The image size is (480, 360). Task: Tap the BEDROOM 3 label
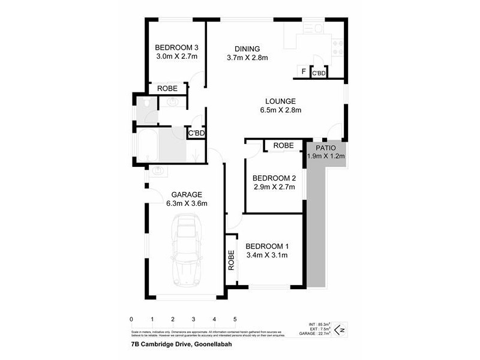[x=176, y=48]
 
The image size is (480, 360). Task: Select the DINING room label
[x=247, y=49]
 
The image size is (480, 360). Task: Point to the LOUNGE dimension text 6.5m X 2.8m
[x=281, y=110]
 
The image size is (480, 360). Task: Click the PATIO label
[x=326, y=147]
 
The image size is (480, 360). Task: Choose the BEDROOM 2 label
[x=274, y=178]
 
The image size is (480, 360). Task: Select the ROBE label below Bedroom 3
[x=167, y=88]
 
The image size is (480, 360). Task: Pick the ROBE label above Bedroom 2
[x=283, y=145]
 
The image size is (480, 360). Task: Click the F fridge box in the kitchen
[x=304, y=73]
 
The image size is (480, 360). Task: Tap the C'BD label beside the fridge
[x=319, y=73]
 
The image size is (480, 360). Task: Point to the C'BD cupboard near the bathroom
[x=196, y=133]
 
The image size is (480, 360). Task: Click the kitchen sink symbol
[x=313, y=28]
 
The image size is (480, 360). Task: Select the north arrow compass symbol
[x=339, y=328]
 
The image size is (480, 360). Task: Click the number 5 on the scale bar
[x=235, y=319]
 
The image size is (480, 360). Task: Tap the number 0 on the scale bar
[x=131, y=319]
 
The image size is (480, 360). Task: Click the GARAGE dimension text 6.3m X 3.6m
[x=187, y=203]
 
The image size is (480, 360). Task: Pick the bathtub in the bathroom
[x=148, y=146]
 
